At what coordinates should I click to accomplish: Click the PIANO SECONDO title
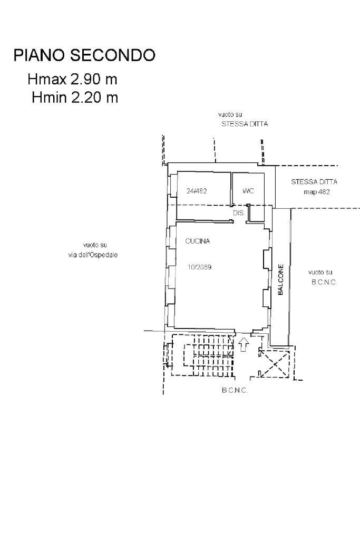pos(84,55)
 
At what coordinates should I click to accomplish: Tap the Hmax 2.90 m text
pos(73,79)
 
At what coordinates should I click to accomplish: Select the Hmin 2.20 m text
pos(75,98)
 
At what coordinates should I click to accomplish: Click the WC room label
pos(248,190)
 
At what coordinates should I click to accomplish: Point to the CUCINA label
pos(198,241)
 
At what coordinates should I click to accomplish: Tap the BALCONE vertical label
pos(280,279)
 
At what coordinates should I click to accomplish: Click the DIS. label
pos(239,213)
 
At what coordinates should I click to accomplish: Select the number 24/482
pos(197,191)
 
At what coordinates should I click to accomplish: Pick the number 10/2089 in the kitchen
pos(200,267)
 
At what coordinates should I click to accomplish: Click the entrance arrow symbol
pos(244,344)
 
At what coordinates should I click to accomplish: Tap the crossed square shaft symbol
pos(274,364)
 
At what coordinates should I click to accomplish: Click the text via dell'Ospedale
pos(93,255)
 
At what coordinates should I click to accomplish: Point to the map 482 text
pos(317,192)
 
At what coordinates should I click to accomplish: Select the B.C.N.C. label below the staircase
pos(235,391)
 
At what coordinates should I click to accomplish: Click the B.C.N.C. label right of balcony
pos(324,282)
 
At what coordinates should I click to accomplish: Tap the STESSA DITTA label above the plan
pos(245,124)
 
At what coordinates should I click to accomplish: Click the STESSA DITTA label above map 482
pos(314,182)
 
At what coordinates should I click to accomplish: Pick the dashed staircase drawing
pos(203,355)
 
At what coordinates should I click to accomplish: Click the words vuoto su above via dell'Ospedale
pos(95,245)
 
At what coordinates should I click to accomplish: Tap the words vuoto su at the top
pos(230,114)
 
